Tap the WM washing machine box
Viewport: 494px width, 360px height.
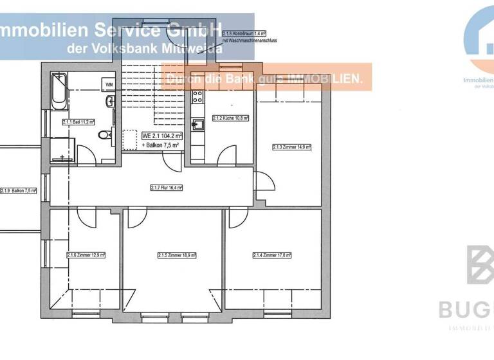[109, 84]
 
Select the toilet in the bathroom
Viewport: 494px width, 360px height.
[105, 135]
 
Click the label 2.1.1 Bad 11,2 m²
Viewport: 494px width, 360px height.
[78, 122]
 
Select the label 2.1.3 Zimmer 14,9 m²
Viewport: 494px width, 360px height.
[291, 147]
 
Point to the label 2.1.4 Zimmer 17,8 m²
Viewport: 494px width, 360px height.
[272, 255]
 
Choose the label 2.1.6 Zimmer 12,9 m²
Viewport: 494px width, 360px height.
[86, 255]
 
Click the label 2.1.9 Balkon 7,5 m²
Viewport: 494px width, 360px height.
[19, 191]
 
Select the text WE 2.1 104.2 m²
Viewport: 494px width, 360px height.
[163, 136]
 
